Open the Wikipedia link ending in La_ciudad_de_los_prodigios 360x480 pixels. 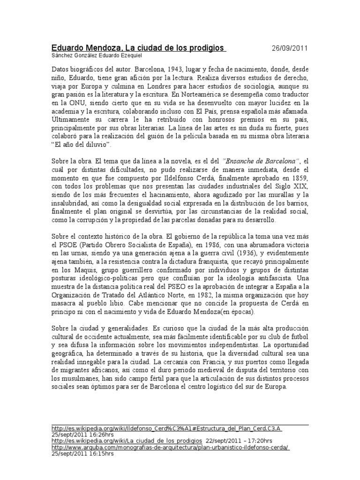(x=127, y=441)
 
